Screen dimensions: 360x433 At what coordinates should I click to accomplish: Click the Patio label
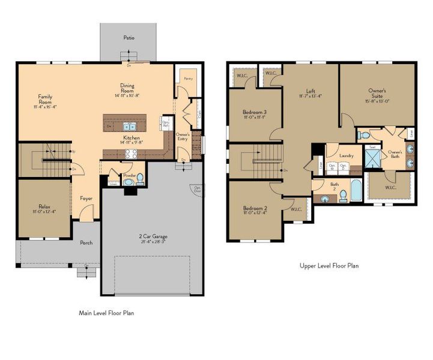click(129, 37)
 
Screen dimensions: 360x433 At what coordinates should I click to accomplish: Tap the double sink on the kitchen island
click(129, 127)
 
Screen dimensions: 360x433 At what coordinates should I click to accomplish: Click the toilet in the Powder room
click(139, 178)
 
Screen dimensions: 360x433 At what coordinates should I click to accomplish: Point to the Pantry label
click(187, 79)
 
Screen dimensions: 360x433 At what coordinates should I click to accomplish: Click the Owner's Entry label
click(183, 137)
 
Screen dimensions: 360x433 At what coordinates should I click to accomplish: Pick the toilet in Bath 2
click(343, 195)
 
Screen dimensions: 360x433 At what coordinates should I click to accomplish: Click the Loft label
click(310, 91)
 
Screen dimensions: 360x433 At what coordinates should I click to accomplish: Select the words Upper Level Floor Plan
click(329, 265)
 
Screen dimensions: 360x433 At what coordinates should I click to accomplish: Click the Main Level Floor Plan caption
click(109, 313)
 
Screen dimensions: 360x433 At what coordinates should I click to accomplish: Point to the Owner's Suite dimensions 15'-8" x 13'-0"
click(377, 100)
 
